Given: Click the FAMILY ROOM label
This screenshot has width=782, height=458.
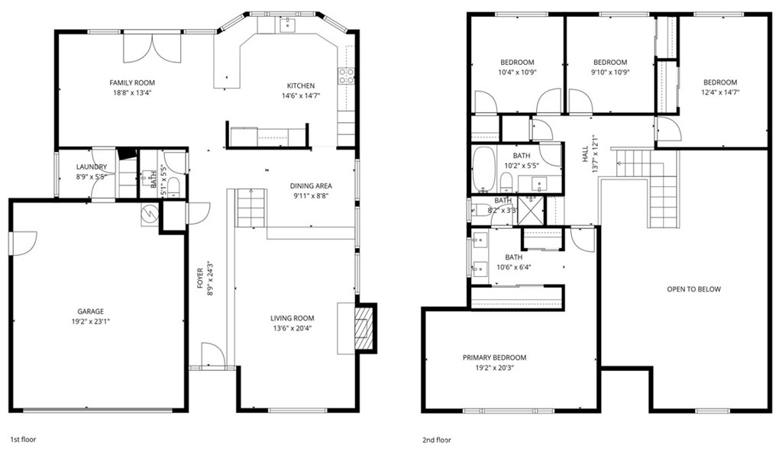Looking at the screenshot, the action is point(132,82).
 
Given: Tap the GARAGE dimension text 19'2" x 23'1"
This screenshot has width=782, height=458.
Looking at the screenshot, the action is point(91,321).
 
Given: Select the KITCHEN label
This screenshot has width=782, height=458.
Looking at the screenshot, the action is point(301,85).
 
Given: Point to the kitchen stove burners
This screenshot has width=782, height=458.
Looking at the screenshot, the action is point(347,76).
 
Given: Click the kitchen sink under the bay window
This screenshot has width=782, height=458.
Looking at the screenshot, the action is point(287,24).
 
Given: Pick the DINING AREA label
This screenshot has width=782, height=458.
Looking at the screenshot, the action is point(312,186).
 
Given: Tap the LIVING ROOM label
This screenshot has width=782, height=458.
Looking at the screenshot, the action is point(292,318).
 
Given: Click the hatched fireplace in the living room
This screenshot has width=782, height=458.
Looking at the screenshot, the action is point(363,328).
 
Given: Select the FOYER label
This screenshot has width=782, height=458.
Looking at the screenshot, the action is point(200,278).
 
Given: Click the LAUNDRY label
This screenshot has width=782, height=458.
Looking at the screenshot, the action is point(92,167).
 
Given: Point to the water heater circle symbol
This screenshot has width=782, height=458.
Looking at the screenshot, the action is point(149,214).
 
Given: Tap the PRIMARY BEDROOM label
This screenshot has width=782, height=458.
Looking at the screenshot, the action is point(494,357).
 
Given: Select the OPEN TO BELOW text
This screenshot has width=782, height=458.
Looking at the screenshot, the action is point(693,289).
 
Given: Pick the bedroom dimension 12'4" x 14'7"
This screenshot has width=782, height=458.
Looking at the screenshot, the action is point(720,92).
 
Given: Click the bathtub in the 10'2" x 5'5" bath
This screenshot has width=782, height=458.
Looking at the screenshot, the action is point(483,169).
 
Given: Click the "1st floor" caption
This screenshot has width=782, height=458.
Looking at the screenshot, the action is point(24,440).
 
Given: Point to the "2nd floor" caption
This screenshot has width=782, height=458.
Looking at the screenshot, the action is point(437,440).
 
